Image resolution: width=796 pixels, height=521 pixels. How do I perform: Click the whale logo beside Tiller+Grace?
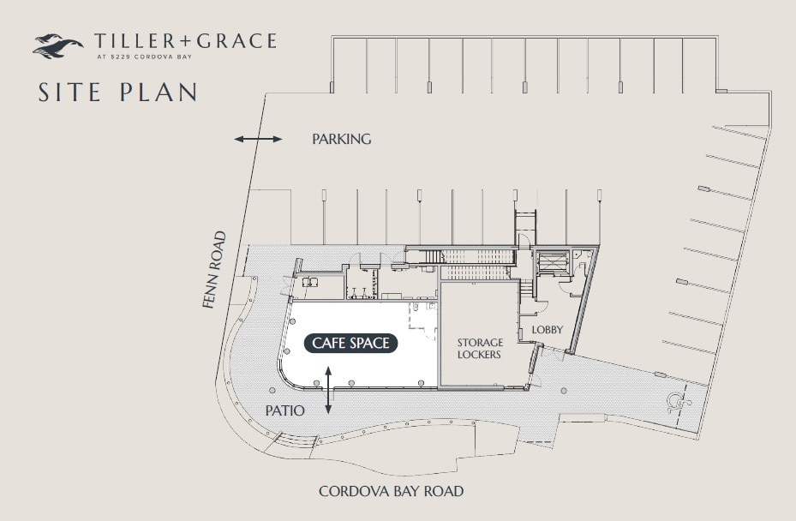pyautogui.click(x=57, y=45)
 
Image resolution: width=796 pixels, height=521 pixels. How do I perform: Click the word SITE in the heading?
pyautogui.click(x=71, y=92)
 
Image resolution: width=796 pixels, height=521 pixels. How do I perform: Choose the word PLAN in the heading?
pyautogui.click(x=160, y=92)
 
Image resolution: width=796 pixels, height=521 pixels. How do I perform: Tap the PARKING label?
pyautogui.click(x=342, y=139)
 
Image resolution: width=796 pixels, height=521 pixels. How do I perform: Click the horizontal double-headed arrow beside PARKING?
pyautogui.click(x=258, y=139)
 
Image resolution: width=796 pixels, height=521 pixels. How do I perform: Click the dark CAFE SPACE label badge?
pyautogui.click(x=351, y=343)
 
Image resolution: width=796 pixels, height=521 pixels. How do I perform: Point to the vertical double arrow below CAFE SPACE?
pyautogui.click(x=328, y=391)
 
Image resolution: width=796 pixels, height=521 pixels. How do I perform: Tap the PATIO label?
pyautogui.click(x=284, y=410)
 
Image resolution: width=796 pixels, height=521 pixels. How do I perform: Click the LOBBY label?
pyautogui.click(x=547, y=329)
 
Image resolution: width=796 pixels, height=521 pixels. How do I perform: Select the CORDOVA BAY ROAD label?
pyautogui.click(x=391, y=491)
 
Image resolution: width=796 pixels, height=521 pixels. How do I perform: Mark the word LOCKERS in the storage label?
pyautogui.click(x=479, y=354)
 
